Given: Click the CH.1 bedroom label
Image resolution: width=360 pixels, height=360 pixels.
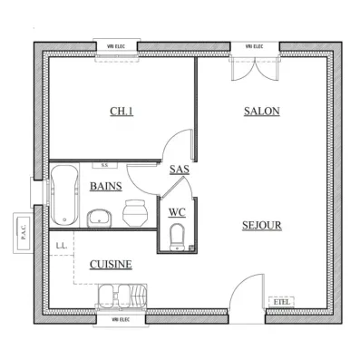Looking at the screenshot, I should (121, 112).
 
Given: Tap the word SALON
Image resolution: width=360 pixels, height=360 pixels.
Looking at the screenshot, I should (261, 112).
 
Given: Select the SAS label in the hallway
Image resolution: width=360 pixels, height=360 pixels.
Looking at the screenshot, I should (178, 169).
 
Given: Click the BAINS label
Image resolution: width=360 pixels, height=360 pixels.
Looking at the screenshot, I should (107, 186).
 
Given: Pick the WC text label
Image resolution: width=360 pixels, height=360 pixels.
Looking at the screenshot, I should (177, 213).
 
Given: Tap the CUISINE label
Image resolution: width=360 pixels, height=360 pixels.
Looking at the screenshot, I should (111, 264).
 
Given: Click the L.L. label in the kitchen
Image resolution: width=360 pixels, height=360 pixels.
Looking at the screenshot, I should (61, 246).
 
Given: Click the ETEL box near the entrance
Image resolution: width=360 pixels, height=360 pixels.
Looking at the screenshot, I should (282, 300).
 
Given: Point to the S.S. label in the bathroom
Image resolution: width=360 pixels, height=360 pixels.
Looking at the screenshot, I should (105, 166).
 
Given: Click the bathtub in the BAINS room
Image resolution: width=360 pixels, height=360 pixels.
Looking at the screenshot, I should (63, 194).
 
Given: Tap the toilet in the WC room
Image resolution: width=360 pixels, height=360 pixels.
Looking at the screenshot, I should (177, 237).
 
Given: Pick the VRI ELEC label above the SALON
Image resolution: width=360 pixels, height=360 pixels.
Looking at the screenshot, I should (255, 45).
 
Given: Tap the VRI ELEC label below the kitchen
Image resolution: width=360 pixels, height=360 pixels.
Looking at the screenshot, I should (121, 319).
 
